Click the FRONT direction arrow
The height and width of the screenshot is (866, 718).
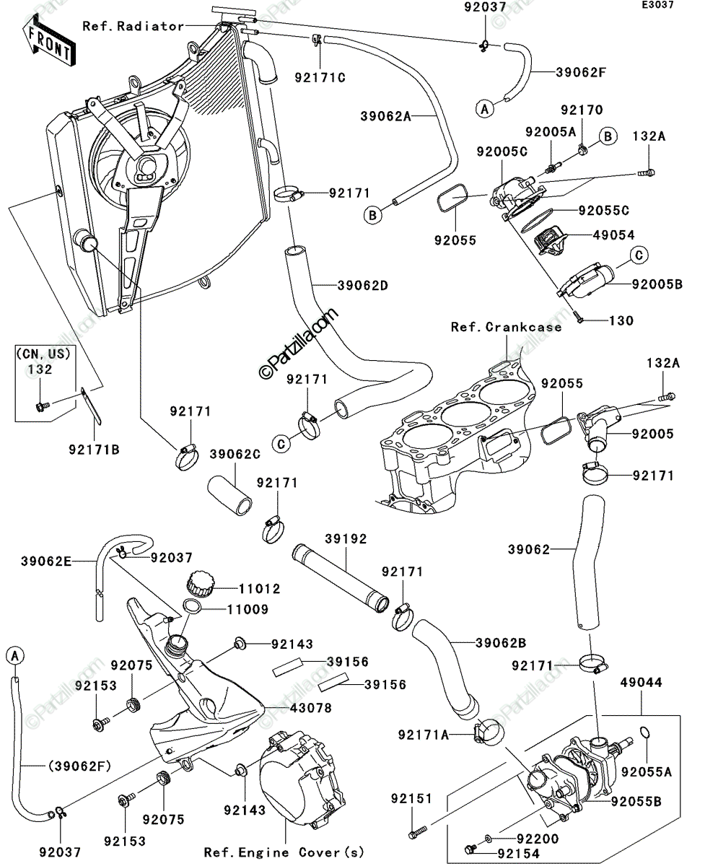[49, 40]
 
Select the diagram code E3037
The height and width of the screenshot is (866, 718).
[658, 5]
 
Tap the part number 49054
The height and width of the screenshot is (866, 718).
[614, 235]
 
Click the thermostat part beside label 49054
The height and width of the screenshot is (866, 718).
[548, 240]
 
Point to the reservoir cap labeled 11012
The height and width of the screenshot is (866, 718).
[201, 584]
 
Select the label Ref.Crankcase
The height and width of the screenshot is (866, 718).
[506, 327]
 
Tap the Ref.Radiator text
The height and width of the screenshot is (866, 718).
[133, 26]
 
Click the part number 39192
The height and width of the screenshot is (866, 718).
[346, 539]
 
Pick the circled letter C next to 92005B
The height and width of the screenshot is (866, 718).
[639, 255]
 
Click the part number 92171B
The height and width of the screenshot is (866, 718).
[94, 449]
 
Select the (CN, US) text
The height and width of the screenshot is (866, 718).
[43, 354]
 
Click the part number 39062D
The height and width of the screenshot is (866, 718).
[362, 285]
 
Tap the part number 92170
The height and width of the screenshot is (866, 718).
[582, 110]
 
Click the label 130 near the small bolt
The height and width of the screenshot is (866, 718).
[621, 320]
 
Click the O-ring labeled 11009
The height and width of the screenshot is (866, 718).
[192, 606]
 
